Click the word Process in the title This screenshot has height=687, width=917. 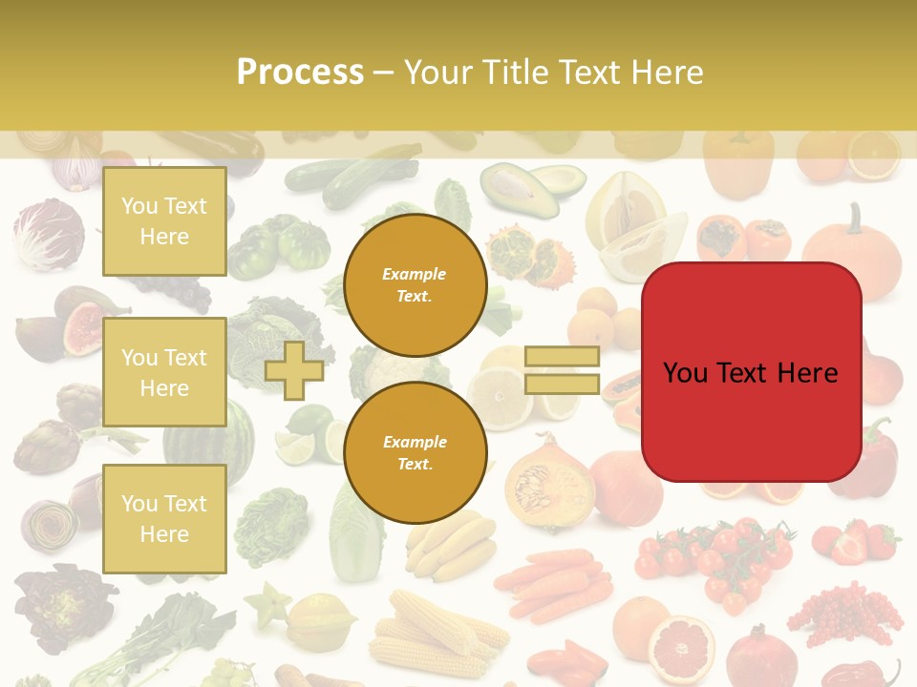click(300, 72)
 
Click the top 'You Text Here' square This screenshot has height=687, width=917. click(164, 221)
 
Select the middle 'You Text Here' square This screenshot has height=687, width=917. click(164, 372)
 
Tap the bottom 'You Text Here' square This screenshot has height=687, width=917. click(164, 518)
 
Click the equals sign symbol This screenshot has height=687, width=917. click(562, 370)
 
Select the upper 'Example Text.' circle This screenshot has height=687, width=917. click(416, 284)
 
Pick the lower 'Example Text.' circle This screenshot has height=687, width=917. click(416, 452)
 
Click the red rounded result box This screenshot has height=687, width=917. click(751, 372)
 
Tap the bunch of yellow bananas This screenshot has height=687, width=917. click(449, 547)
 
